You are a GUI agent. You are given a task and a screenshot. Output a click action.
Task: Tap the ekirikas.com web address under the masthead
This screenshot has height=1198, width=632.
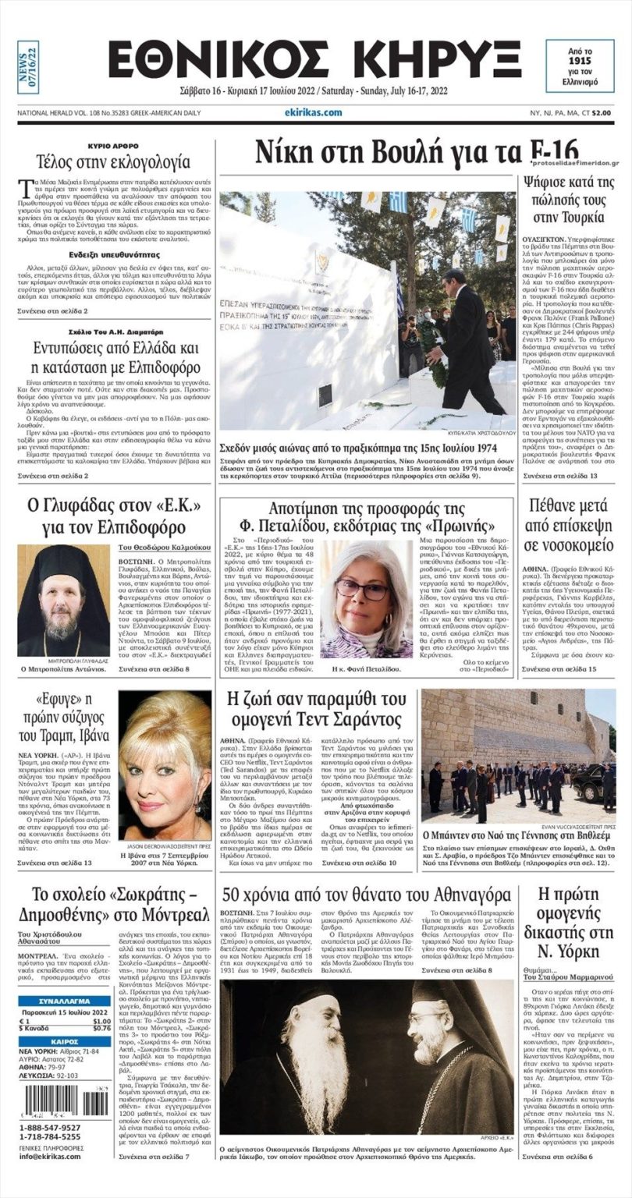313,112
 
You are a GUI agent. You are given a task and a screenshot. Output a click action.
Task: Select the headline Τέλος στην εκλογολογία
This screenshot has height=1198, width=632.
113,162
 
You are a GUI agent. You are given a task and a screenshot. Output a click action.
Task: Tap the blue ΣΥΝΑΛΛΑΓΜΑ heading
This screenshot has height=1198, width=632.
64,1001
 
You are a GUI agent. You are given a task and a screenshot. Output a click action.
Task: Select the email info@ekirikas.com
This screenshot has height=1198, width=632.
52,1157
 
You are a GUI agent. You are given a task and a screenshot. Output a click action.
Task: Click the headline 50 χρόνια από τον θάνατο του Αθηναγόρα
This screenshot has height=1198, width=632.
366,893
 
